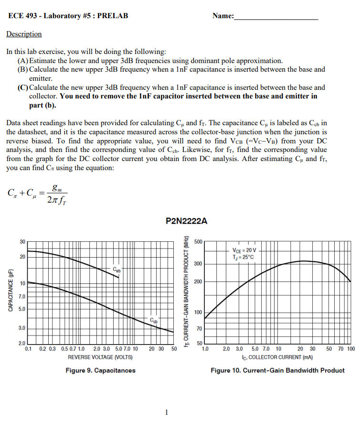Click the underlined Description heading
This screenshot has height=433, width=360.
24,34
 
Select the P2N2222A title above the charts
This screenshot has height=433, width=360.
186,221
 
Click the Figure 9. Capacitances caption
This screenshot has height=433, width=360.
100,370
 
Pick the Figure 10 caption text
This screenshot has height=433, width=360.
277,370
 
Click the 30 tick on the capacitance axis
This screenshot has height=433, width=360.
22,242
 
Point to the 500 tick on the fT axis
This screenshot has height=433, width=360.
199,242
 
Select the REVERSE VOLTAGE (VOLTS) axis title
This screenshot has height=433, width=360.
100,357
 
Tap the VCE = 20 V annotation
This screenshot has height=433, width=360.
244,250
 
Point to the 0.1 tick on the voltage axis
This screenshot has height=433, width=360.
29,349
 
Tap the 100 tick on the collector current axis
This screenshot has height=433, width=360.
350,349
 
